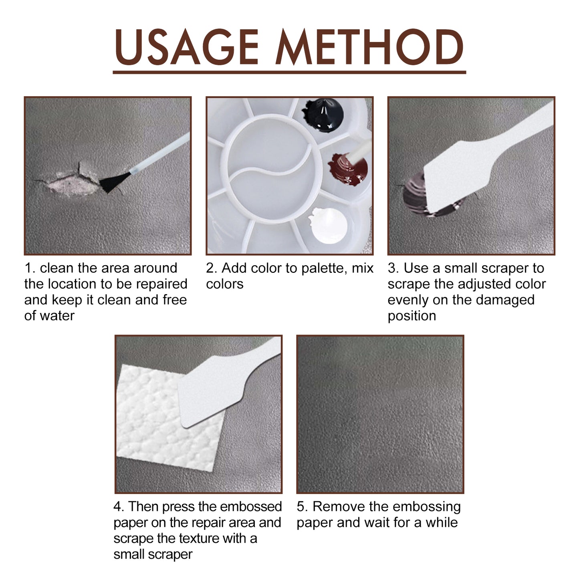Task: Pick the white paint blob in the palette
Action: point(328,225)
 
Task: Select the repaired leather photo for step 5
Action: point(380,414)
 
